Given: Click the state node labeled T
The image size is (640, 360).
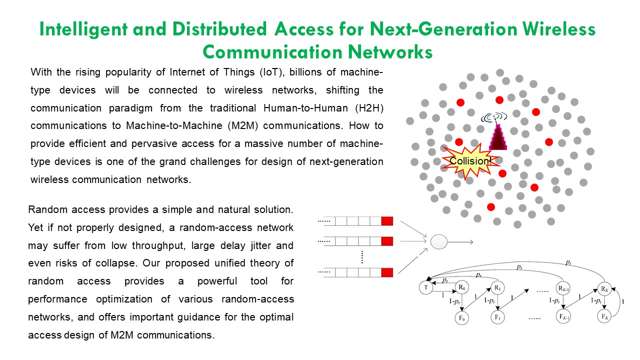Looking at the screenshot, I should click(x=425, y=287).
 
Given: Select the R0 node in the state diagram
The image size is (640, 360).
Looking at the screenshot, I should click(x=462, y=287).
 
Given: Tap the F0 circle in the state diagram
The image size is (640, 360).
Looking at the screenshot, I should click(x=462, y=317).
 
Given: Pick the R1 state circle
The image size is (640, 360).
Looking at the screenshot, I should click(x=497, y=287).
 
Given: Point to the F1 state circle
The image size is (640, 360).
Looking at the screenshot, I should click(x=497, y=317).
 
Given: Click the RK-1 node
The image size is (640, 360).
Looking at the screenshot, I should click(x=563, y=288).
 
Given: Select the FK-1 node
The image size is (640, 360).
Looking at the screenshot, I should click(x=563, y=317).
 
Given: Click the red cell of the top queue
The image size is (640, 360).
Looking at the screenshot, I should click(x=387, y=220).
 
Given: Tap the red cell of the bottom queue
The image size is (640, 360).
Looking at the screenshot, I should click(x=387, y=272).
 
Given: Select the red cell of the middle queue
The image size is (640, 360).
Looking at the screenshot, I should click(x=387, y=241).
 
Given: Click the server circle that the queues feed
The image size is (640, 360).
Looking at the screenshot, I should click(x=438, y=242).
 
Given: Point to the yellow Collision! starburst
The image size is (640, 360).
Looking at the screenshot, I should click(x=469, y=161).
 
